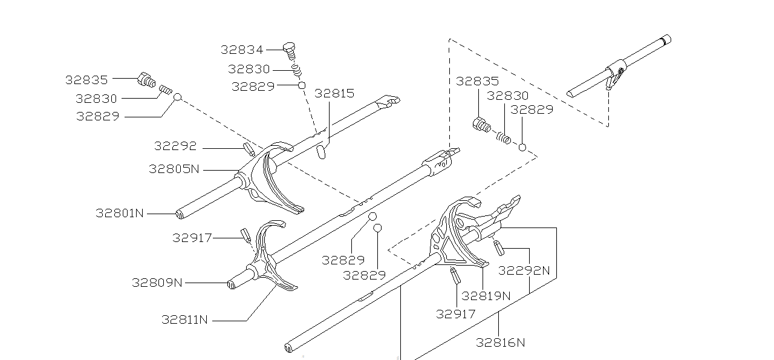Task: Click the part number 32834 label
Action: click(x=242, y=50)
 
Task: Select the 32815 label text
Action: click(x=334, y=94)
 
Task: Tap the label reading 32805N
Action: click(x=174, y=169)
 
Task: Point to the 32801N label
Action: click(x=120, y=213)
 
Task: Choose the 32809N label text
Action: click(x=157, y=283)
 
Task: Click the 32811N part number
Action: click(x=184, y=319)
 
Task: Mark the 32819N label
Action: click(x=486, y=296)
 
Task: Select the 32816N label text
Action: click(x=500, y=342)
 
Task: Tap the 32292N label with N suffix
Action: click(x=524, y=270)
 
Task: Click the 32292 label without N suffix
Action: click(x=175, y=146)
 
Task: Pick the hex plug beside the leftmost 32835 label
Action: click(x=146, y=79)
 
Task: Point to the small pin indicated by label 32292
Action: click(x=249, y=149)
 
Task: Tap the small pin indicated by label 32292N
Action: click(x=499, y=247)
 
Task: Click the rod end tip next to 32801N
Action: click(x=180, y=214)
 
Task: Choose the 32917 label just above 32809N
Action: click(x=192, y=238)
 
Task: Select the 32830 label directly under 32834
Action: click(x=249, y=69)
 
